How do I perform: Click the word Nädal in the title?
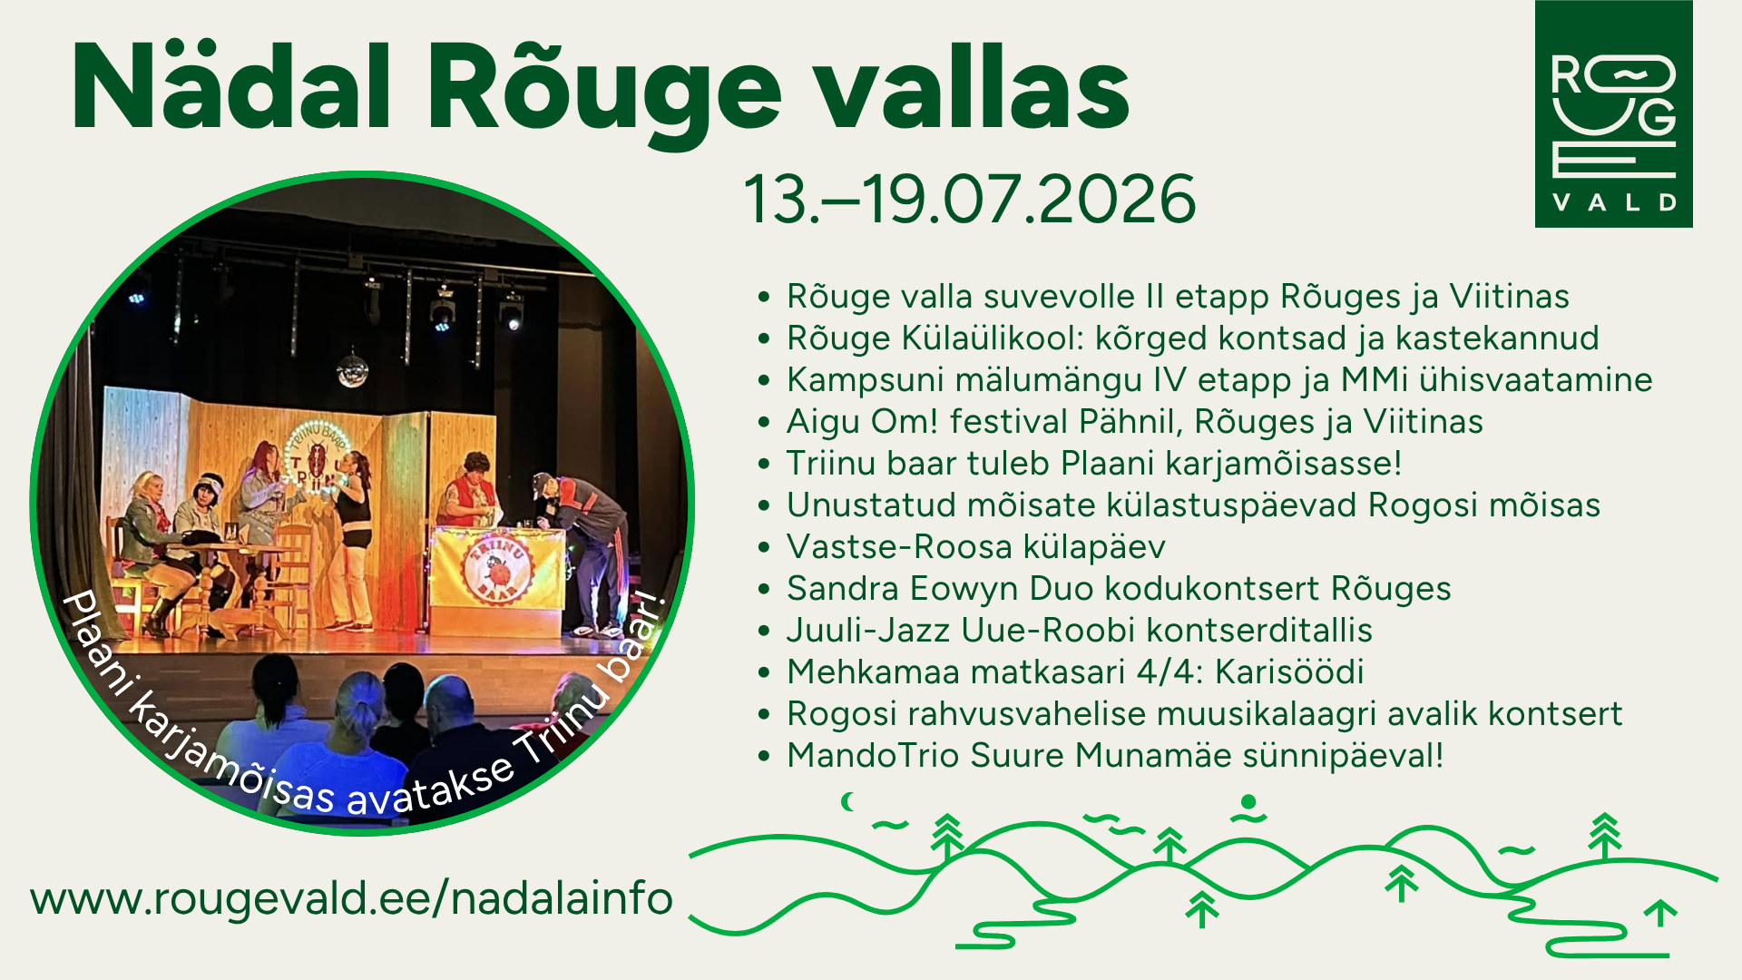pos(232,87)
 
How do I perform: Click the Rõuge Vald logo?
pos(1613,113)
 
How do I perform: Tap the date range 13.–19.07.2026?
pos(970,199)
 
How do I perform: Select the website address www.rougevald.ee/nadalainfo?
pos(351,898)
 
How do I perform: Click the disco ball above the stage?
pos(352,368)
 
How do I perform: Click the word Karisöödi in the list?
pos(1289,671)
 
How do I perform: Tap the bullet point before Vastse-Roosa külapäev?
pos(764,547)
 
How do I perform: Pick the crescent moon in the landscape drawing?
pos(848,801)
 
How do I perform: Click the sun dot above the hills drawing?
pos(1248,801)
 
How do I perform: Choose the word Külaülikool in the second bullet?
pos(993,338)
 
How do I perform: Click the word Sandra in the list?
pos(843,588)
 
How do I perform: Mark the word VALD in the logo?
pos(1614,201)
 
